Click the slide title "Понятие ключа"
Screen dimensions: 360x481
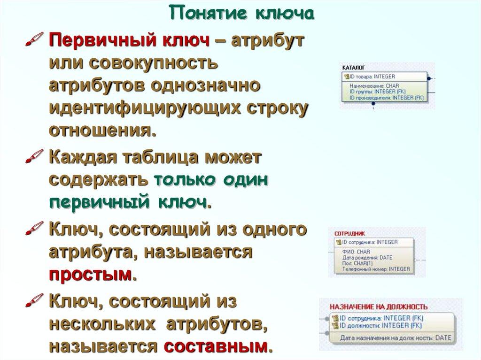pyautogui.click(x=241, y=14)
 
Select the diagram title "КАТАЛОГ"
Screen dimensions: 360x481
pyautogui.click(x=354, y=68)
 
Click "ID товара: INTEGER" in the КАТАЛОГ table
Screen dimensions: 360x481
pyautogui.click(x=372, y=77)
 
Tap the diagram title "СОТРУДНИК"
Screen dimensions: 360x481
pyautogui.click(x=349, y=233)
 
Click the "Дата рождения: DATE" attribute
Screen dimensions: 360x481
pyautogui.click(x=367, y=258)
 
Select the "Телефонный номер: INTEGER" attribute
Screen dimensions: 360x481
pyautogui.click(x=376, y=269)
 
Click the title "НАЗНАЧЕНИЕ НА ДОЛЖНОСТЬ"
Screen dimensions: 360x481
pyautogui.click(x=379, y=307)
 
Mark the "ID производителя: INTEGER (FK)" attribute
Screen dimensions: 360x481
pyautogui.click(x=386, y=98)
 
